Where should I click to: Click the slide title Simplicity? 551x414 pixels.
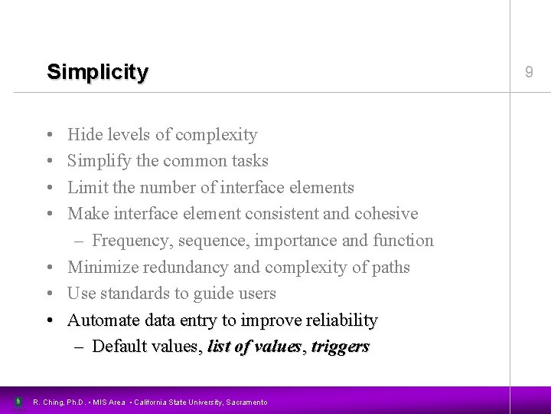click(97, 73)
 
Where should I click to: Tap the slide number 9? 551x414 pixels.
click(529, 73)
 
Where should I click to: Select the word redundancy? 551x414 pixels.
click(194, 267)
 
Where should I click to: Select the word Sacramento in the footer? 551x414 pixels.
click(246, 402)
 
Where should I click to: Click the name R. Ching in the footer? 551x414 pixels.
click(47, 402)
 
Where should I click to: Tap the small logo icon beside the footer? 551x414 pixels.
click(18, 402)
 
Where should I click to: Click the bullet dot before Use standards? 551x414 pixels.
click(49, 294)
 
